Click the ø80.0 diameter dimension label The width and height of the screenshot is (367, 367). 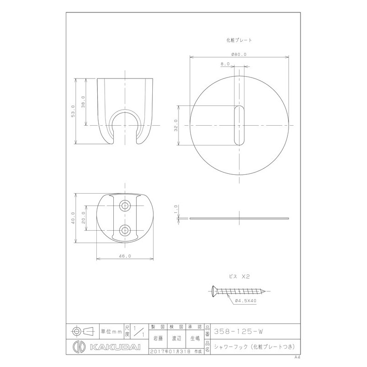click(x=239, y=54)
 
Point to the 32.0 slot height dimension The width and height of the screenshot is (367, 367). click(x=176, y=126)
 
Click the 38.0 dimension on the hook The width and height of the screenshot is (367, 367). click(x=83, y=101)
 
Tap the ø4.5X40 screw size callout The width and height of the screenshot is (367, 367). click(x=245, y=301)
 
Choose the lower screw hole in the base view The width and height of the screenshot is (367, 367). click(x=125, y=230)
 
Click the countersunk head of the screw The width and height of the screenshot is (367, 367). click(x=214, y=290)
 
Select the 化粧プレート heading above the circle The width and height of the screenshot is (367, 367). click(x=239, y=40)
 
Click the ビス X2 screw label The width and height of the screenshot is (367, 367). click(x=239, y=277)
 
